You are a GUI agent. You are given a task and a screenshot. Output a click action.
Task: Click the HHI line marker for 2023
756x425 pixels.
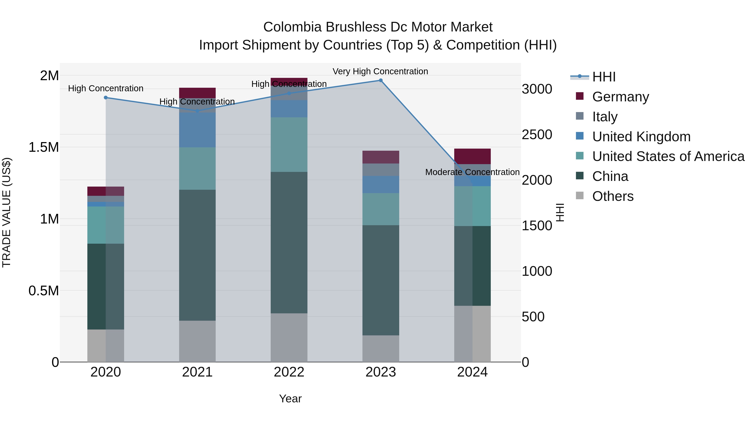(381, 80)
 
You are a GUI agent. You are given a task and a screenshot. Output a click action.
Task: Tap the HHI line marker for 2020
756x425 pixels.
(106, 98)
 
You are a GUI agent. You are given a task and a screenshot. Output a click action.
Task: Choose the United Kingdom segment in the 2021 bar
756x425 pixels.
(197, 130)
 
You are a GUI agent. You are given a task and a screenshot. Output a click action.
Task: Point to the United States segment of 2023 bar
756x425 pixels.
(381, 209)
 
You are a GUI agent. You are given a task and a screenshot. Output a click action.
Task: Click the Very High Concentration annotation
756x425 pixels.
(380, 71)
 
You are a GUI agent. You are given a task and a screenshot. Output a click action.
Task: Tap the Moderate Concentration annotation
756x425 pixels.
(472, 172)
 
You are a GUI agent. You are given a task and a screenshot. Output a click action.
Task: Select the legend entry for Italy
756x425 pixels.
(605, 116)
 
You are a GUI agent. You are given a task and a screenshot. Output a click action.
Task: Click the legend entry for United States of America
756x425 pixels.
(668, 156)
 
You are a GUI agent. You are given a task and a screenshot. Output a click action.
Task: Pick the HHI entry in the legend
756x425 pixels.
(604, 77)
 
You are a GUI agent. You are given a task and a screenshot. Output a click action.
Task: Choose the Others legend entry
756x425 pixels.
(613, 196)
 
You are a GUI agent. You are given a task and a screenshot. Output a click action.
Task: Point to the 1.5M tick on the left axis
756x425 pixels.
(43, 147)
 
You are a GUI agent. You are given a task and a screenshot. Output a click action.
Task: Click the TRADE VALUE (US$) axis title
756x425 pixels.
(7, 212)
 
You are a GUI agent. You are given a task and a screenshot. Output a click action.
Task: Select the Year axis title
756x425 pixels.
(290, 399)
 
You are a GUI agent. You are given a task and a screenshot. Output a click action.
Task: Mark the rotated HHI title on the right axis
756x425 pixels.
(560, 212)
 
